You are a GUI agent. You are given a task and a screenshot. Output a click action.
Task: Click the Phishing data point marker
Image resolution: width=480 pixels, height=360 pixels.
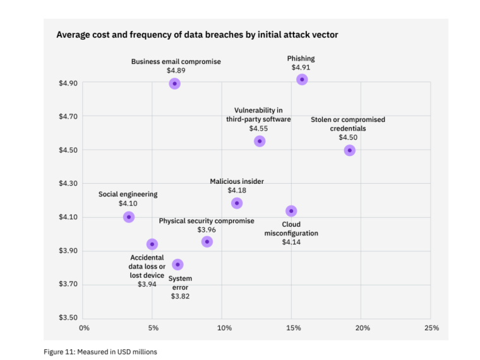click(x=302, y=80)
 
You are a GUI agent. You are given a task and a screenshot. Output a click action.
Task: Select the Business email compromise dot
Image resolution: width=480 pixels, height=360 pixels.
click(x=175, y=83)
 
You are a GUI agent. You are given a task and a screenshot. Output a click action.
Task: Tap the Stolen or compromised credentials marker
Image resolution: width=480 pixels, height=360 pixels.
click(x=349, y=150)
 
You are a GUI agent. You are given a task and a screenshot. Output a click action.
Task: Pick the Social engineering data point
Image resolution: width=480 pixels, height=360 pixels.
click(x=129, y=217)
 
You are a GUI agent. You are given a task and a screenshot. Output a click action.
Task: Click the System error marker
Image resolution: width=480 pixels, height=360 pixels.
click(x=177, y=264)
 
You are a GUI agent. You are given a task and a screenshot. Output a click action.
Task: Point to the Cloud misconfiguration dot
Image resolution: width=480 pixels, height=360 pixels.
click(x=291, y=211)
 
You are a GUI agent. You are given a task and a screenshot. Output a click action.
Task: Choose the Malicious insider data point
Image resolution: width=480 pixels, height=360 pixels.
click(x=237, y=203)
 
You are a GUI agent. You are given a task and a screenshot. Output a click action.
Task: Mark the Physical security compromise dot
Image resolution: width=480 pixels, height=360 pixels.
click(x=207, y=242)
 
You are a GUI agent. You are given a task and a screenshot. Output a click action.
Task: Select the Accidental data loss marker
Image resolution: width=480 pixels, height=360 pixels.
click(x=152, y=244)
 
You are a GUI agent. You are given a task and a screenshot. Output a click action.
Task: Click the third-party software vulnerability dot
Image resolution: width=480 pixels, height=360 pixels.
click(x=260, y=141)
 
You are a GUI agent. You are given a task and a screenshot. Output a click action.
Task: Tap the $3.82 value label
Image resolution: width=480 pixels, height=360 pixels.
click(x=180, y=296)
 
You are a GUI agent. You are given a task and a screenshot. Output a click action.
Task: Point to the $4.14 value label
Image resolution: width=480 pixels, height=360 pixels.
click(x=291, y=243)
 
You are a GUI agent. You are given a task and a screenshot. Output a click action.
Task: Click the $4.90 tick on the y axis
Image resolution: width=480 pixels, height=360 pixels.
click(x=68, y=83)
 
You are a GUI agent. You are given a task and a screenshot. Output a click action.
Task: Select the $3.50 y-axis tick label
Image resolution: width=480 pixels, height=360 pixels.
click(x=68, y=318)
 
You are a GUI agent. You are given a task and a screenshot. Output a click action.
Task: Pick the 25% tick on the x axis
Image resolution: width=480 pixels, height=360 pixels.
click(x=431, y=328)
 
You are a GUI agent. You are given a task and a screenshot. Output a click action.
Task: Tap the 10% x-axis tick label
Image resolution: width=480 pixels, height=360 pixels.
click(x=224, y=328)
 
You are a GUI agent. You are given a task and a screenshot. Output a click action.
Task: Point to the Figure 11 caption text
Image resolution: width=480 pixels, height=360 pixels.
click(x=100, y=352)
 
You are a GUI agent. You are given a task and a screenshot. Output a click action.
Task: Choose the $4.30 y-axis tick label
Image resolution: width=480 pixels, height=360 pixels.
click(x=68, y=184)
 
